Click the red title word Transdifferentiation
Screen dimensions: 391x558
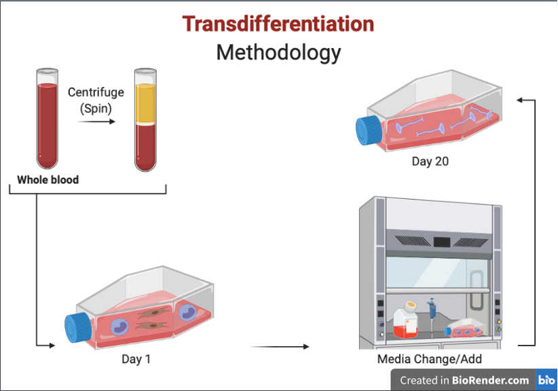pos(278,24)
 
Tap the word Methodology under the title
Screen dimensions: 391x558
pos(278,52)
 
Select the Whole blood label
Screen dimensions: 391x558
pos(48,180)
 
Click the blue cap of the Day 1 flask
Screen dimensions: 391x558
pos(77,328)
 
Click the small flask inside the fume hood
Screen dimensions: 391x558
pos(466,329)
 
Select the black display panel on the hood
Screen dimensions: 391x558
pos(443,240)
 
